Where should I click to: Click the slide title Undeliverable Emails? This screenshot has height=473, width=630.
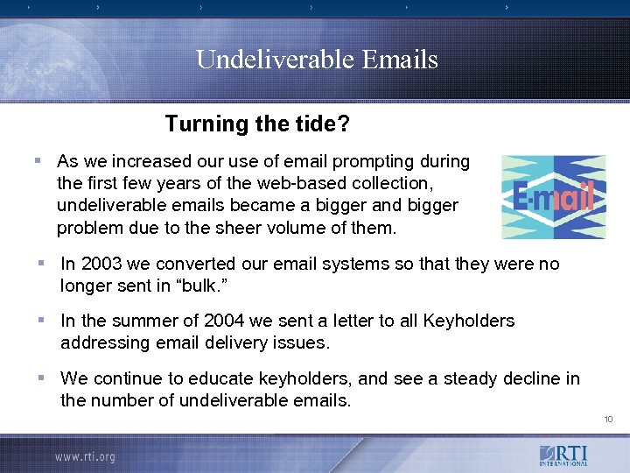[x=317, y=60]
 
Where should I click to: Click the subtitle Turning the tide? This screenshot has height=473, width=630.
[x=257, y=124]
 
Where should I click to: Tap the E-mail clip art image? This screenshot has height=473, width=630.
[x=553, y=197]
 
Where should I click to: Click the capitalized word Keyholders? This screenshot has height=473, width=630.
[x=468, y=321]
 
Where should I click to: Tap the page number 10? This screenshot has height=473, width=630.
[x=608, y=420]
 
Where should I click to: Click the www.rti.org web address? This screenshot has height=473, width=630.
[x=85, y=456]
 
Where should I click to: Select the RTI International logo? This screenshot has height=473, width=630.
[x=563, y=456]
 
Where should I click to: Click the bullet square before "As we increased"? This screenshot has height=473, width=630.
[x=37, y=160]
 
